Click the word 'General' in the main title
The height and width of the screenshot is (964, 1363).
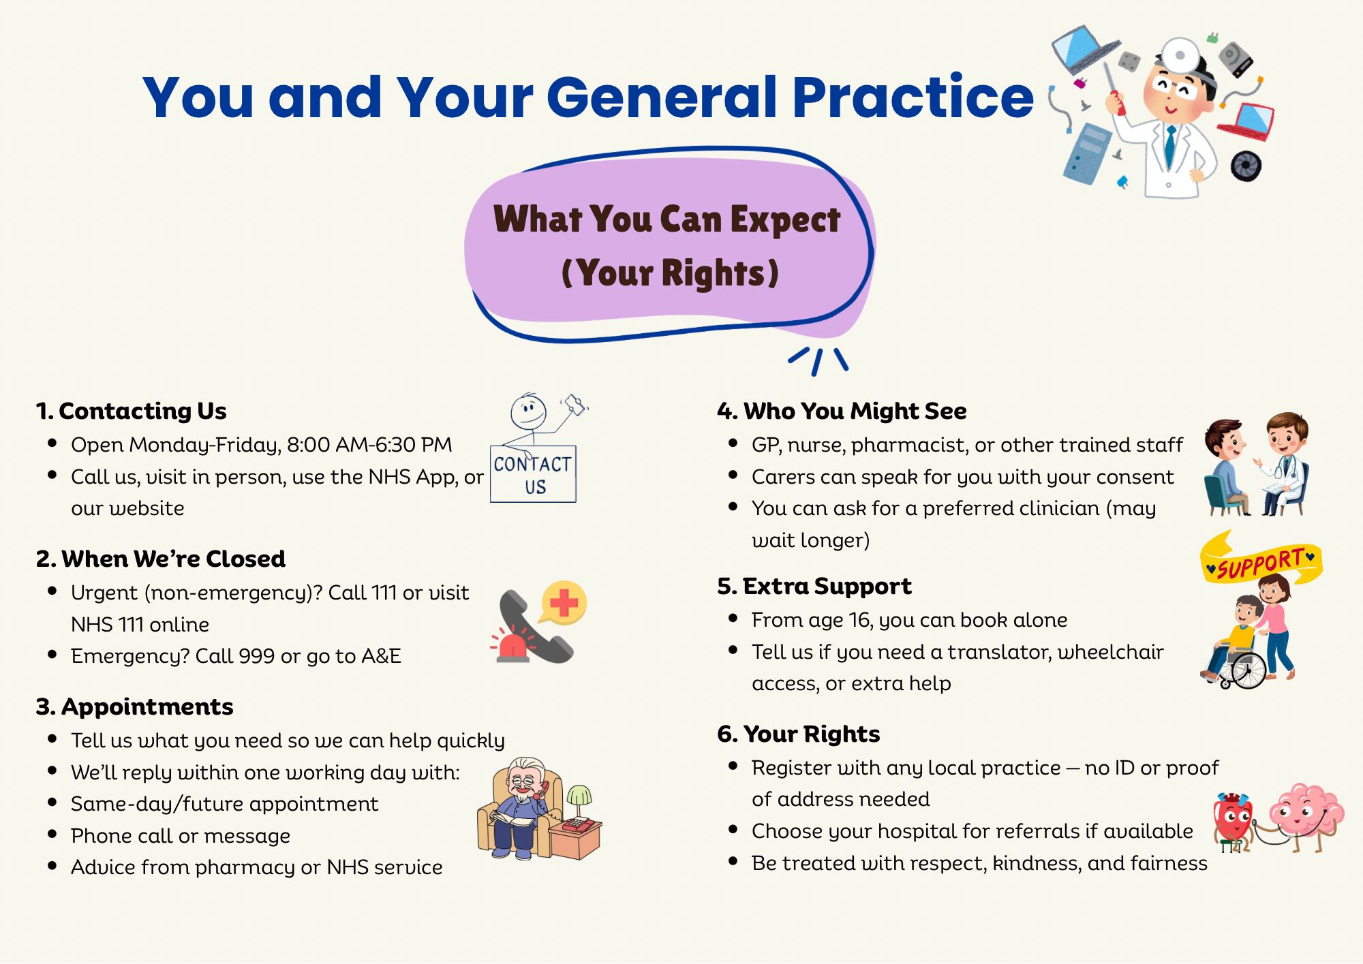[664, 97]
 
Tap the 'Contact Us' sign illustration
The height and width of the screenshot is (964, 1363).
[533, 474]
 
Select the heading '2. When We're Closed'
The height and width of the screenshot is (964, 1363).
[161, 559]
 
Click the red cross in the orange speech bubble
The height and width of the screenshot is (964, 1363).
[564, 602]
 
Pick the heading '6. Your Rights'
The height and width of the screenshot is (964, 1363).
[799, 734]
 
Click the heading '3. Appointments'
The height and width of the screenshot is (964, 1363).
[135, 707]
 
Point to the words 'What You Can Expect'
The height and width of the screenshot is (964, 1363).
[667, 219]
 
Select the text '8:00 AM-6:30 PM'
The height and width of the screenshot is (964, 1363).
[369, 445]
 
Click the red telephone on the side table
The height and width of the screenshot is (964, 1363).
[576, 825]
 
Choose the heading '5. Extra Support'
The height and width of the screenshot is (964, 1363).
[814, 587]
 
